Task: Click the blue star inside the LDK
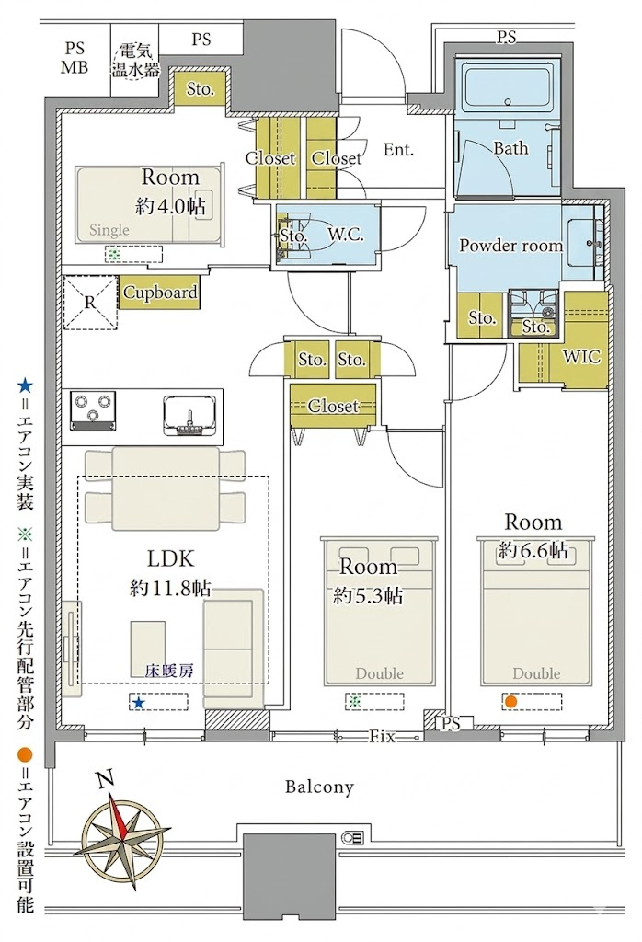[x=139, y=702]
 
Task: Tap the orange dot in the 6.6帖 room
[x=510, y=701]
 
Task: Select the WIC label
[x=581, y=356]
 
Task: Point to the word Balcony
[x=319, y=787]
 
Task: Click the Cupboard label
[x=160, y=293]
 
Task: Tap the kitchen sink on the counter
[x=189, y=414]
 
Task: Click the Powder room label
[x=511, y=245]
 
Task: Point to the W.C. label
[x=345, y=235]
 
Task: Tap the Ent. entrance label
[x=399, y=149]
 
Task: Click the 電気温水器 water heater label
[x=136, y=59]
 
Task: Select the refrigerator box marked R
[x=90, y=302]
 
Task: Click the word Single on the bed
[x=109, y=229]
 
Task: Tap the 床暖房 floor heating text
[x=169, y=671]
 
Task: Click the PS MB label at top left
[x=75, y=58]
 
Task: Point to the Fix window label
[x=382, y=737]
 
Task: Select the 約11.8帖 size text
[x=170, y=588]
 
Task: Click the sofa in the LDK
[x=233, y=648]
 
